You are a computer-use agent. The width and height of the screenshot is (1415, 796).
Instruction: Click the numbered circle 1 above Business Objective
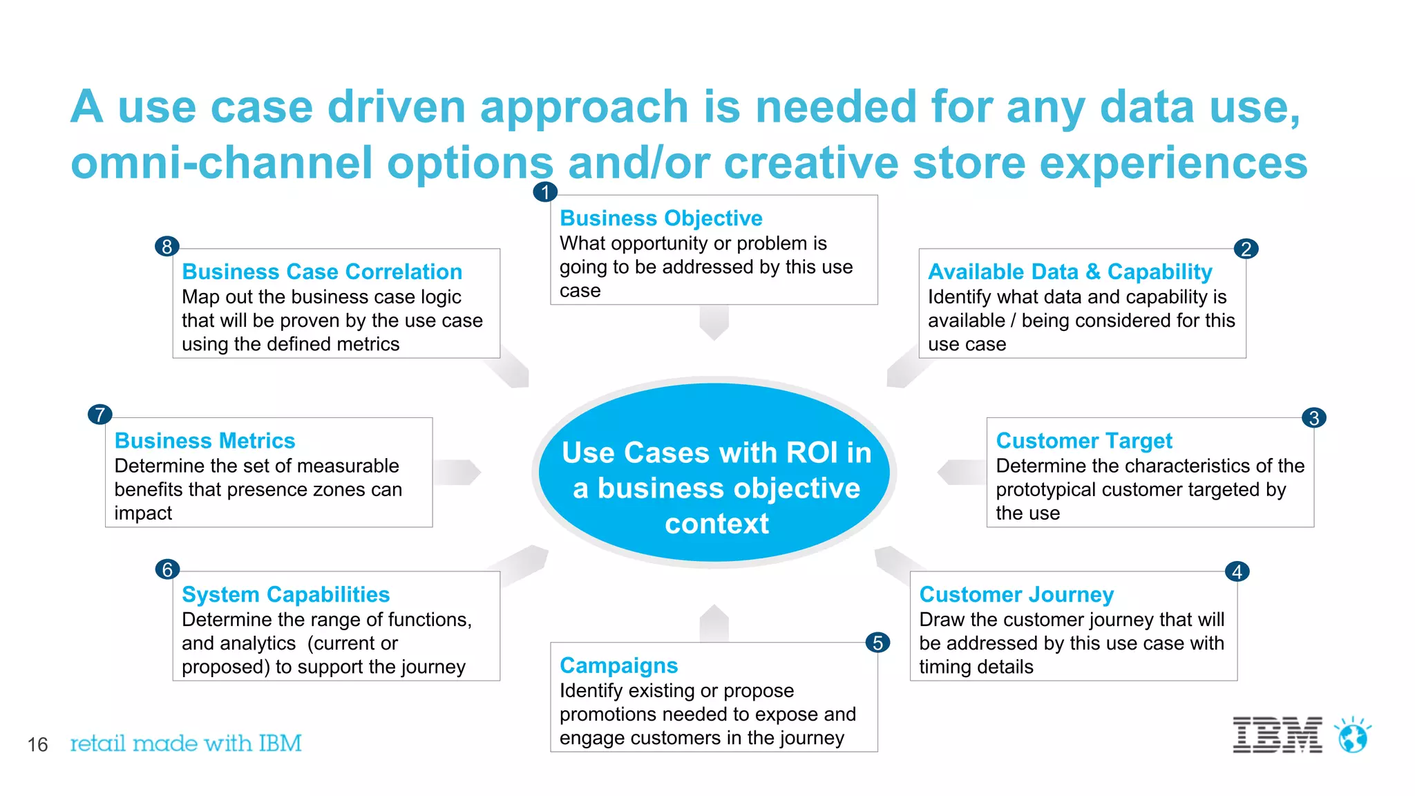(545, 191)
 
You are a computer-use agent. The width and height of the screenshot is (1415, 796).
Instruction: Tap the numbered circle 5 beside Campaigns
(877, 643)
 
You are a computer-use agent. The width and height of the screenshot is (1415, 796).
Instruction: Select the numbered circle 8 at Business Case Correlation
(167, 246)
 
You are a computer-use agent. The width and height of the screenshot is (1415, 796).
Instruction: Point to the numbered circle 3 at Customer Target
(1313, 417)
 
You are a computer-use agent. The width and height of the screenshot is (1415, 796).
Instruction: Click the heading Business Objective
(661, 218)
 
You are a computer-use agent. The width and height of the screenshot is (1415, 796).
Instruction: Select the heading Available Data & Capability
(1070, 272)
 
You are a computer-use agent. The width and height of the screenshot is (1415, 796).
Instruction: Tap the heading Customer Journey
(1016, 594)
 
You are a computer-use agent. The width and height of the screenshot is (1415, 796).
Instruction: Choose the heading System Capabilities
(285, 594)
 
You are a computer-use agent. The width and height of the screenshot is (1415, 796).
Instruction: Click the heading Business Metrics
(205, 441)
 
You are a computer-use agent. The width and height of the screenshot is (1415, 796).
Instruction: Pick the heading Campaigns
(618, 665)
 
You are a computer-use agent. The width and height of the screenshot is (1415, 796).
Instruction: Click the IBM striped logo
(1277, 735)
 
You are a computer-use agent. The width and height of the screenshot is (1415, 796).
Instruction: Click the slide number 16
(37, 744)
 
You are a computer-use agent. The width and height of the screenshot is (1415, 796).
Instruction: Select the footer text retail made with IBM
(186, 743)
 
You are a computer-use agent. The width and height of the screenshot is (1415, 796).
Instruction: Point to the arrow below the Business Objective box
(714, 322)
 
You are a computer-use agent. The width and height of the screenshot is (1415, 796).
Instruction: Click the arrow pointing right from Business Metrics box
(457, 472)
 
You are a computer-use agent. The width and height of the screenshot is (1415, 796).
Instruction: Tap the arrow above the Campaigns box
(714, 623)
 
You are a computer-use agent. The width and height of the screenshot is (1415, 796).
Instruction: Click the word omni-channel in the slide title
(221, 163)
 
